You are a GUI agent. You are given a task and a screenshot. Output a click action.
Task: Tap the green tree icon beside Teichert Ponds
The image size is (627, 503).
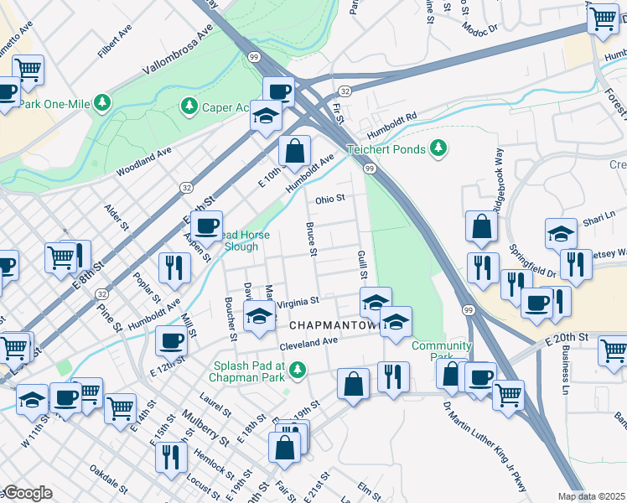tap(437, 148)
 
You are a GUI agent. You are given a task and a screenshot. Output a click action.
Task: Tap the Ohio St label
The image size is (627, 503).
tap(330, 200)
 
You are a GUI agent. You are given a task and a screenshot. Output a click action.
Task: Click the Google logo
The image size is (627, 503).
tap(27, 493)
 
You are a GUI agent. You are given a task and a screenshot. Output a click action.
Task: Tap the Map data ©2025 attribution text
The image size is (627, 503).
tap(592, 496)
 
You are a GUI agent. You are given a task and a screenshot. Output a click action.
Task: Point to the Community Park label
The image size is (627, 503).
tap(441, 351)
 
